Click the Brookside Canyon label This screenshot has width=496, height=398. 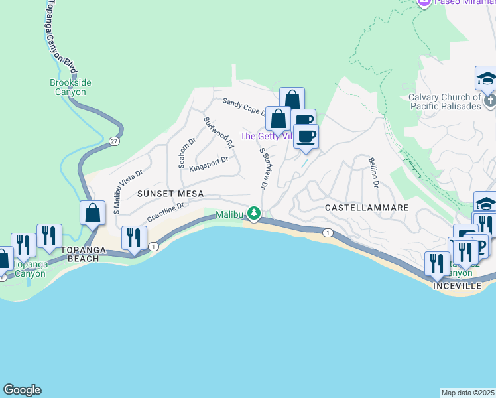tap(71, 87)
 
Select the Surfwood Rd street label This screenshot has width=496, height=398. tap(219, 133)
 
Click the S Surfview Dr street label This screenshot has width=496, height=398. tap(264, 168)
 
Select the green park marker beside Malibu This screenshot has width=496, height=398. tap(253, 212)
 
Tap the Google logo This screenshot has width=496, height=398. tap(22, 390)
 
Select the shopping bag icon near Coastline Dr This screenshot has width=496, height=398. tap(93, 214)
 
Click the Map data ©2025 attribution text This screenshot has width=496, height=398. tap(468, 393)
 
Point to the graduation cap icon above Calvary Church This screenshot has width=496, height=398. tap(486, 78)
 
